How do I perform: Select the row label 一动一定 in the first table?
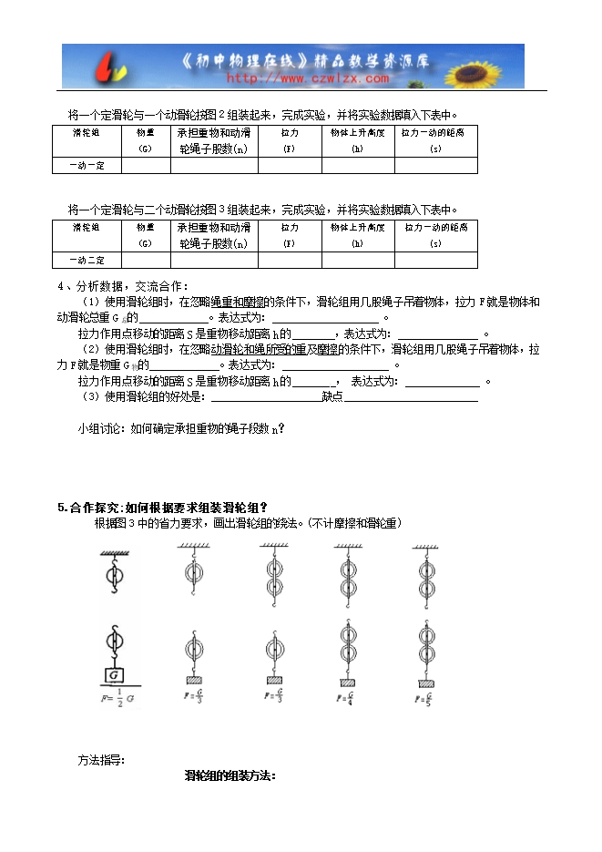pyautogui.click(x=87, y=165)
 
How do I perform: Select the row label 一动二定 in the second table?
pyautogui.click(x=87, y=261)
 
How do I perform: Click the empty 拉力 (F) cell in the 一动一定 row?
pyautogui.click(x=289, y=165)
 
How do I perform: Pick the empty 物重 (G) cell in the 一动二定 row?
pyautogui.click(x=146, y=261)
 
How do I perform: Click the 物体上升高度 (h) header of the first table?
pyautogui.click(x=357, y=139)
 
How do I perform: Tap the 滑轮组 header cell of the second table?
pyautogui.click(x=87, y=234)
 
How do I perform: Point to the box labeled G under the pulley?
pyautogui.click(x=115, y=675)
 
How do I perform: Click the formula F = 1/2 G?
pyautogui.click(x=115, y=699)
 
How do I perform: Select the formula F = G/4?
pyautogui.click(x=347, y=699)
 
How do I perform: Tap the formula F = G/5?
pyautogui.click(x=423, y=699)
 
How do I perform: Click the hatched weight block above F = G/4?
pyautogui.click(x=346, y=682)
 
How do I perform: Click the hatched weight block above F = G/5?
pyautogui.click(x=423, y=682)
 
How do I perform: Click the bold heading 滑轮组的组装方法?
pyautogui.click(x=230, y=776)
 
